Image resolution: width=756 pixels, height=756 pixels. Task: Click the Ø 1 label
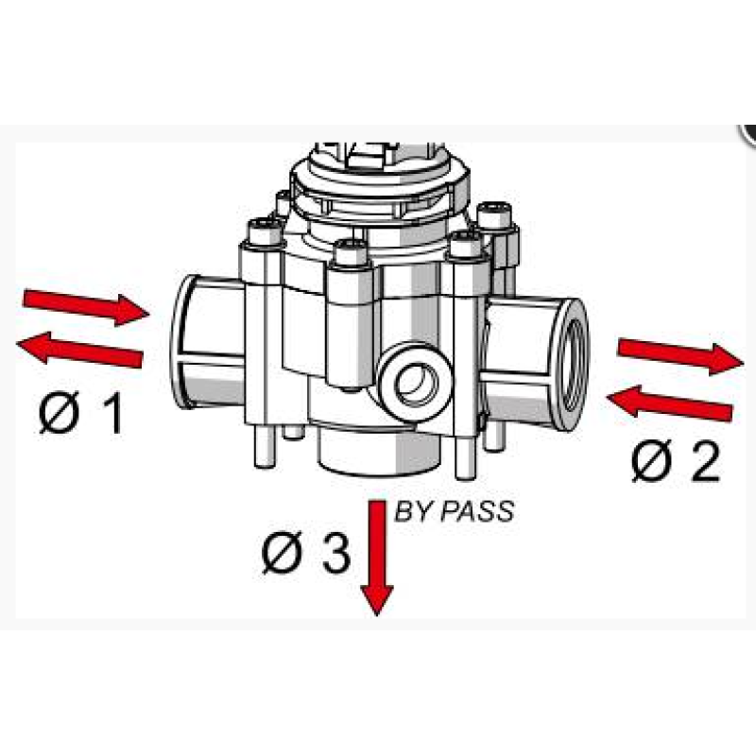(x=80, y=412)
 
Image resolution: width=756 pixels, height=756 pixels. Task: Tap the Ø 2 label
(x=676, y=460)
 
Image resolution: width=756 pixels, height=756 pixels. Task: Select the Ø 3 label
(x=305, y=553)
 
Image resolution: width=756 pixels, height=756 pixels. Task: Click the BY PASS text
(x=455, y=511)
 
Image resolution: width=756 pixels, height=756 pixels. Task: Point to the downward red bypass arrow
(x=377, y=558)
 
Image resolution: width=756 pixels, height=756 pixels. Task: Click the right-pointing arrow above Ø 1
(x=86, y=307)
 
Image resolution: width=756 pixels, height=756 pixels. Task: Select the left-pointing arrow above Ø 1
(x=80, y=348)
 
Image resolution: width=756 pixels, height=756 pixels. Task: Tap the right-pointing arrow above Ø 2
(x=680, y=356)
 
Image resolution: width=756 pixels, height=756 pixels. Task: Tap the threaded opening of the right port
(x=576, y=365)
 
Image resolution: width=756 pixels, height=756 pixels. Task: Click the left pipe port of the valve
(x=207, y=341)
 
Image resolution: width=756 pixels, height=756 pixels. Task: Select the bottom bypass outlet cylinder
(x=380, y=448)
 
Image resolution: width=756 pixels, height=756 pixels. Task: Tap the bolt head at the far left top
(x=264, y=231)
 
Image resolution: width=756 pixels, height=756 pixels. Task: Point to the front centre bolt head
(x=351, y=252)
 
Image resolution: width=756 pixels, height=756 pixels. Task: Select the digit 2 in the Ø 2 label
(x=705, y=460)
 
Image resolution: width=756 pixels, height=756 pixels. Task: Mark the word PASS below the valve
(x=478, y=511)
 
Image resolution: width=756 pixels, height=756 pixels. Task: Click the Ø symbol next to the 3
(x=282, y=553)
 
